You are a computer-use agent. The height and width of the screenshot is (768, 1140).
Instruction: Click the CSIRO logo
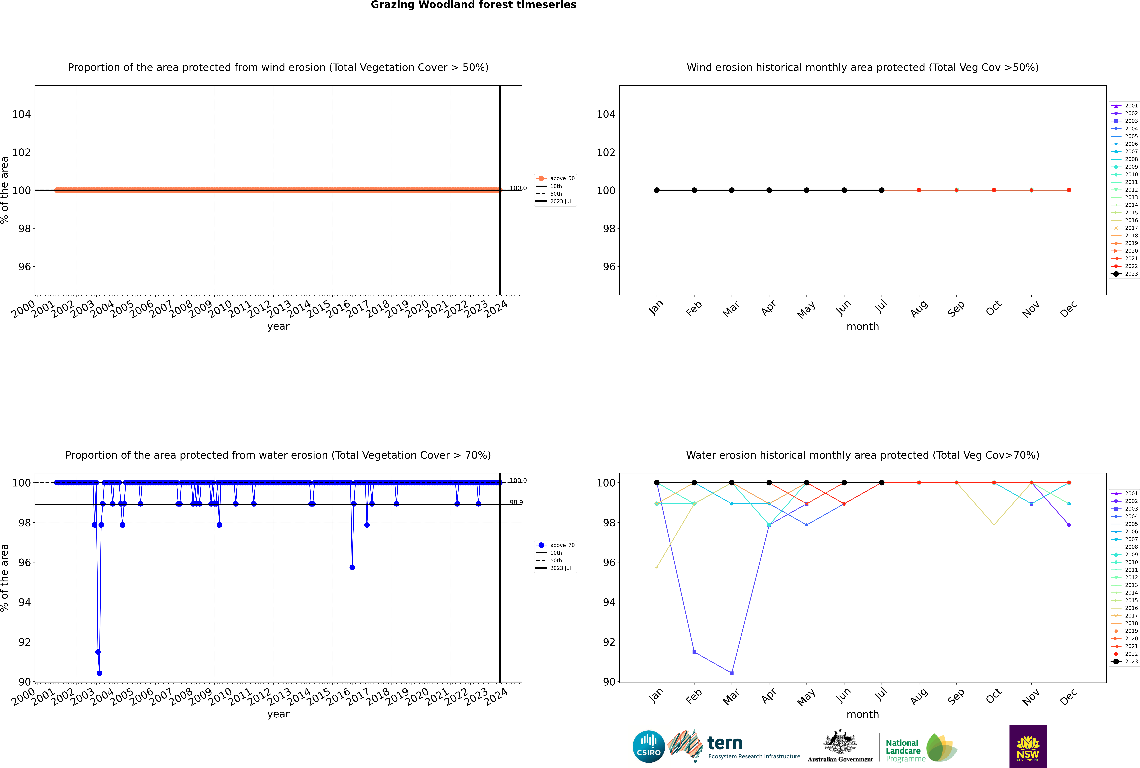pos(648,746)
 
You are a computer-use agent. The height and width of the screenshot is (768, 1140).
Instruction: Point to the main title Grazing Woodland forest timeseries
pos(473,5)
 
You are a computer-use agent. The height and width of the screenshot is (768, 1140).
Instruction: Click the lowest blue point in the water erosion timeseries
pos(99,673)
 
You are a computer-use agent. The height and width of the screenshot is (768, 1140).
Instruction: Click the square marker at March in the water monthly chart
pos(732,673)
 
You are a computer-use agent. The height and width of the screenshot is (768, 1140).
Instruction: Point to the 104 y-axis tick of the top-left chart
pos(21,114)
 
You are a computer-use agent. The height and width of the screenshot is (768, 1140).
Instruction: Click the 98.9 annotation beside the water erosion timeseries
pos(516,503)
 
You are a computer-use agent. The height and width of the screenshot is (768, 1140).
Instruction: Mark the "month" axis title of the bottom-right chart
pos(863,714)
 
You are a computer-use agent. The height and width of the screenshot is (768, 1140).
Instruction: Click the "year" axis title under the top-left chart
pos(278,326)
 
